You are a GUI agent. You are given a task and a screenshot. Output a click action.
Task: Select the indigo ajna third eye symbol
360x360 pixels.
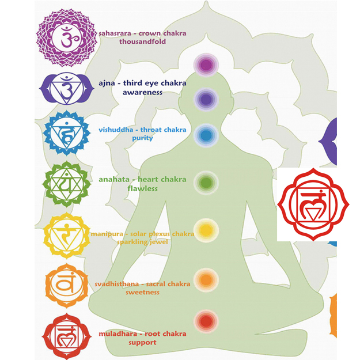[65, 88]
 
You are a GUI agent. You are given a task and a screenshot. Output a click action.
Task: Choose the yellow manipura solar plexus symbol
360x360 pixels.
[66, 234]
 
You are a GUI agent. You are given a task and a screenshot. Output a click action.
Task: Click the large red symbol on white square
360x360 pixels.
[313, 204]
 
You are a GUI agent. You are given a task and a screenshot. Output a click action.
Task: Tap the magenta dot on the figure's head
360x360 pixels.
[204, 65]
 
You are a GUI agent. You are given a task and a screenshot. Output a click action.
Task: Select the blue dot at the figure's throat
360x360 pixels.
[204, 136]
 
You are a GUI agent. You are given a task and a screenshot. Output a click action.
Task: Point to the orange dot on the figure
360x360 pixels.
[204, 279]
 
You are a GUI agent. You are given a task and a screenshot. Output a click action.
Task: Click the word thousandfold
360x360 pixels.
[142, 41]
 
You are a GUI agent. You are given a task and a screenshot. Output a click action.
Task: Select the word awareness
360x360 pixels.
[142, 92]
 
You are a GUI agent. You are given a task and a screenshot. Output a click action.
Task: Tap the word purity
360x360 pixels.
[142, 138]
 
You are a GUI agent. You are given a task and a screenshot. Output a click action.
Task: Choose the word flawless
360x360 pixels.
[142, 188]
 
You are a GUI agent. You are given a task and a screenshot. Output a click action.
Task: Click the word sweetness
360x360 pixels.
[142, 292]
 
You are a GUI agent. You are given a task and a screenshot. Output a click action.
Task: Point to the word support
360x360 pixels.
[142, 342]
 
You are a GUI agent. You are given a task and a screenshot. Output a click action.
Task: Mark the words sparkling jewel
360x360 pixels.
[142, 242]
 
